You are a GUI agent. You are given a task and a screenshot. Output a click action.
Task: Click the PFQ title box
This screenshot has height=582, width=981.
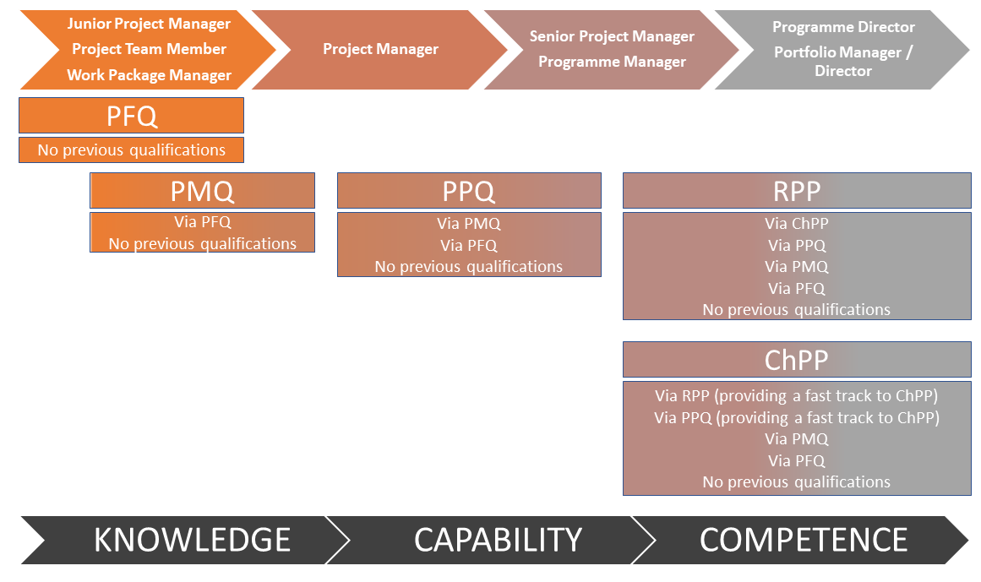coord(131,116)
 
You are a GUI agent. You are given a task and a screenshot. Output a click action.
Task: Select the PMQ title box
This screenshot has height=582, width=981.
coord(202,191)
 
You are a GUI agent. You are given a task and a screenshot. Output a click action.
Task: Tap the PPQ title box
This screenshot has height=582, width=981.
coord(469,191)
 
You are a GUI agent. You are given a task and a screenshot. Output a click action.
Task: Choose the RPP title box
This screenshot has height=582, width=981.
coord(797,191)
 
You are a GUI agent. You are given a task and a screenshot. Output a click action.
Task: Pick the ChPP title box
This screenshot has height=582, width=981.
coord(797,360)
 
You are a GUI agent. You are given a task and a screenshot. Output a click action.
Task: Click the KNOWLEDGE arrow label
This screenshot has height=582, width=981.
coord(192,540)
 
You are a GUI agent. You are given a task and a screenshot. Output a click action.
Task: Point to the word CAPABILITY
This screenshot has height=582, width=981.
coord(498,540)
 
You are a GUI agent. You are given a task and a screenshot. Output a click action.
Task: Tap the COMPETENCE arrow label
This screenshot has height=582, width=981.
coord(804,540)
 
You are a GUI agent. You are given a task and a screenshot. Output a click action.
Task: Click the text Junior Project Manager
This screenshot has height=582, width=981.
coord(149,24)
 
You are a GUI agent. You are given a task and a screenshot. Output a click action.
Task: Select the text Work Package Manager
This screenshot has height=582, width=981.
coord(149,75)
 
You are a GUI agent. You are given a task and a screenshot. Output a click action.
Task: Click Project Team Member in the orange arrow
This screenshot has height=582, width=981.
coord(149,49)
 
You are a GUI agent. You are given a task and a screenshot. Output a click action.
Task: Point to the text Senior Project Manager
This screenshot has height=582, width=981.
coord(612,36)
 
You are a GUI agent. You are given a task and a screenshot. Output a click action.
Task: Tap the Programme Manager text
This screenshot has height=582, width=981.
coord(612,62)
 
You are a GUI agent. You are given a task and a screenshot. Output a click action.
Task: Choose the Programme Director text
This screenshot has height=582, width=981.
coord(843,27)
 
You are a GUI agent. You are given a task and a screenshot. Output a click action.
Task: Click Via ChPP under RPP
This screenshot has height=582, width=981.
coord(797,223)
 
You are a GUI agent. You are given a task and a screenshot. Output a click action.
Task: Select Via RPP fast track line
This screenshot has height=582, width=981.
coord(797,395)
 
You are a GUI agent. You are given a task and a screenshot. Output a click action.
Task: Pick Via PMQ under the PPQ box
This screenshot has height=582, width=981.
coord(469,223)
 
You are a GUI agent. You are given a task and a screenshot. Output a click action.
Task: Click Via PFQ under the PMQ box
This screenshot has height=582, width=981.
coord(202,221)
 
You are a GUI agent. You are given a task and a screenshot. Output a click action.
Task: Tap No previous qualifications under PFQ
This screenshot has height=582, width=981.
coord(131,150)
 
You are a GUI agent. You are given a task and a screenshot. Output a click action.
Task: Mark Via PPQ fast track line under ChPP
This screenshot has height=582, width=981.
coord(797,417)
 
